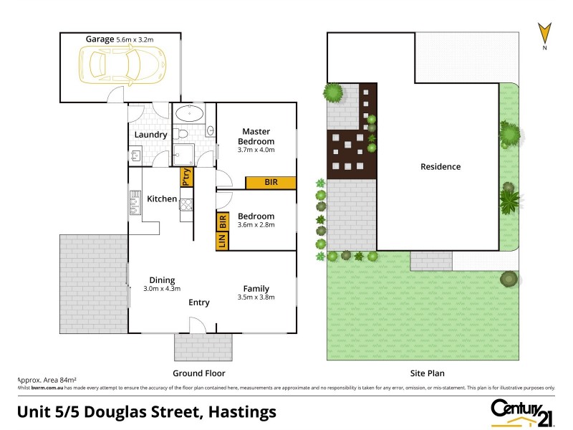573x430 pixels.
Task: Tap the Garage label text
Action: (100, 39)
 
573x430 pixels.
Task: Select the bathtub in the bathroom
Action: (188, 113)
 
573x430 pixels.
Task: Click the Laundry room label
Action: (150, 135)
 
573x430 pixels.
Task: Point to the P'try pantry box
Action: (186, 176)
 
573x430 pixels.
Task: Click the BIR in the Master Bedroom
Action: (271, 183)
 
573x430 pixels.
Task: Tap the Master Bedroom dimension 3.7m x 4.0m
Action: (256, 150)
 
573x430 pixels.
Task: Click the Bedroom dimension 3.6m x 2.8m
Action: (256, 225)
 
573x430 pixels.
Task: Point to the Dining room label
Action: (162, 280)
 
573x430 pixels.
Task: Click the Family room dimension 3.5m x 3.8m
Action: (256, 297)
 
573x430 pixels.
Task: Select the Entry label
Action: (199, 302)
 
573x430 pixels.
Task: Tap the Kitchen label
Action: (162, 199)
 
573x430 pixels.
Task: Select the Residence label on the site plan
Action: (440, 167)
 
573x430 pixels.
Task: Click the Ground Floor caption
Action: (199, 373)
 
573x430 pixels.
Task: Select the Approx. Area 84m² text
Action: (46, 381)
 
